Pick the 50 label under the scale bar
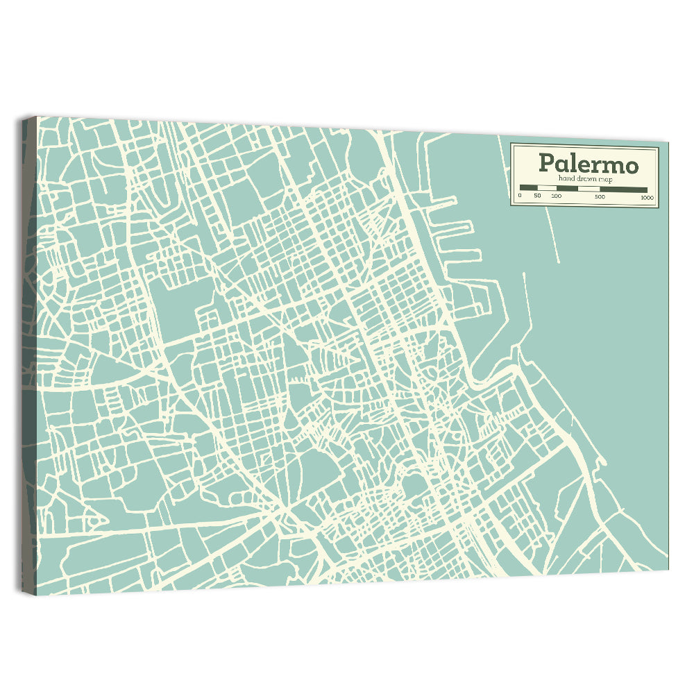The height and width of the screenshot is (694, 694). pyautogui.click(x=537, y=196)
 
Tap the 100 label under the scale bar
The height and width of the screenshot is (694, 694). pyautogui.click(x=557, y=196)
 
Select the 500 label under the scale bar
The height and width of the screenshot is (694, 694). pyautogui.click(x=600, y=197)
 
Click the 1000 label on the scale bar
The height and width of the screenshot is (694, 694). pyautogui.click(x=647, y=198)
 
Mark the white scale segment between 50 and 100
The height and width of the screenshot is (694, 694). pyautogui.click(x=547, y=188)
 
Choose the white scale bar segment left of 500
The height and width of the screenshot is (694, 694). pyautogui.click(x=589, y=189)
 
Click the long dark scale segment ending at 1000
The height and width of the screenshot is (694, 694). pyautogui.click(x=624, y=190)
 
